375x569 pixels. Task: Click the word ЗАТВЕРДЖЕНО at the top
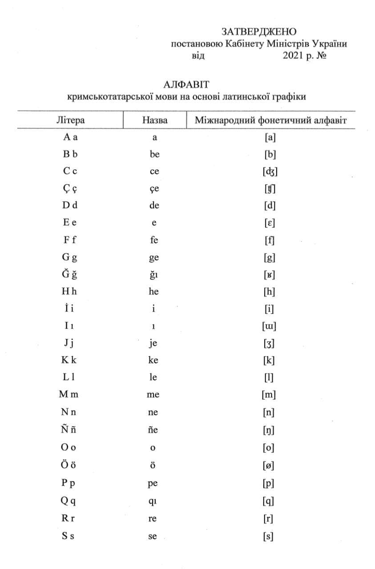[258, 32]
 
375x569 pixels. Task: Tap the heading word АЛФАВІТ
[186, 84]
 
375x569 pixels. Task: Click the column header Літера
[71, 120]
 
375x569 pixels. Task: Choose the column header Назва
[155, 120]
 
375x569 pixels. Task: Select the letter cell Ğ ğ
[69, 274]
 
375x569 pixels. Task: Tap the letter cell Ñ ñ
[69, 429]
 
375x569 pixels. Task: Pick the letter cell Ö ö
[69, 465]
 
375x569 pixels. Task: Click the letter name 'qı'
[153, 501]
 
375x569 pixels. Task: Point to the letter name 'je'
[153, 343]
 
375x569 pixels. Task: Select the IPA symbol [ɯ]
[270, 326]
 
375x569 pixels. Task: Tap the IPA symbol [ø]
[268, 465]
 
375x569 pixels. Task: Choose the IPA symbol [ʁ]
[269, 275]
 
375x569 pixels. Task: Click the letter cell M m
[69, 394]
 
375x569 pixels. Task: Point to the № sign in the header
[321, 56]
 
